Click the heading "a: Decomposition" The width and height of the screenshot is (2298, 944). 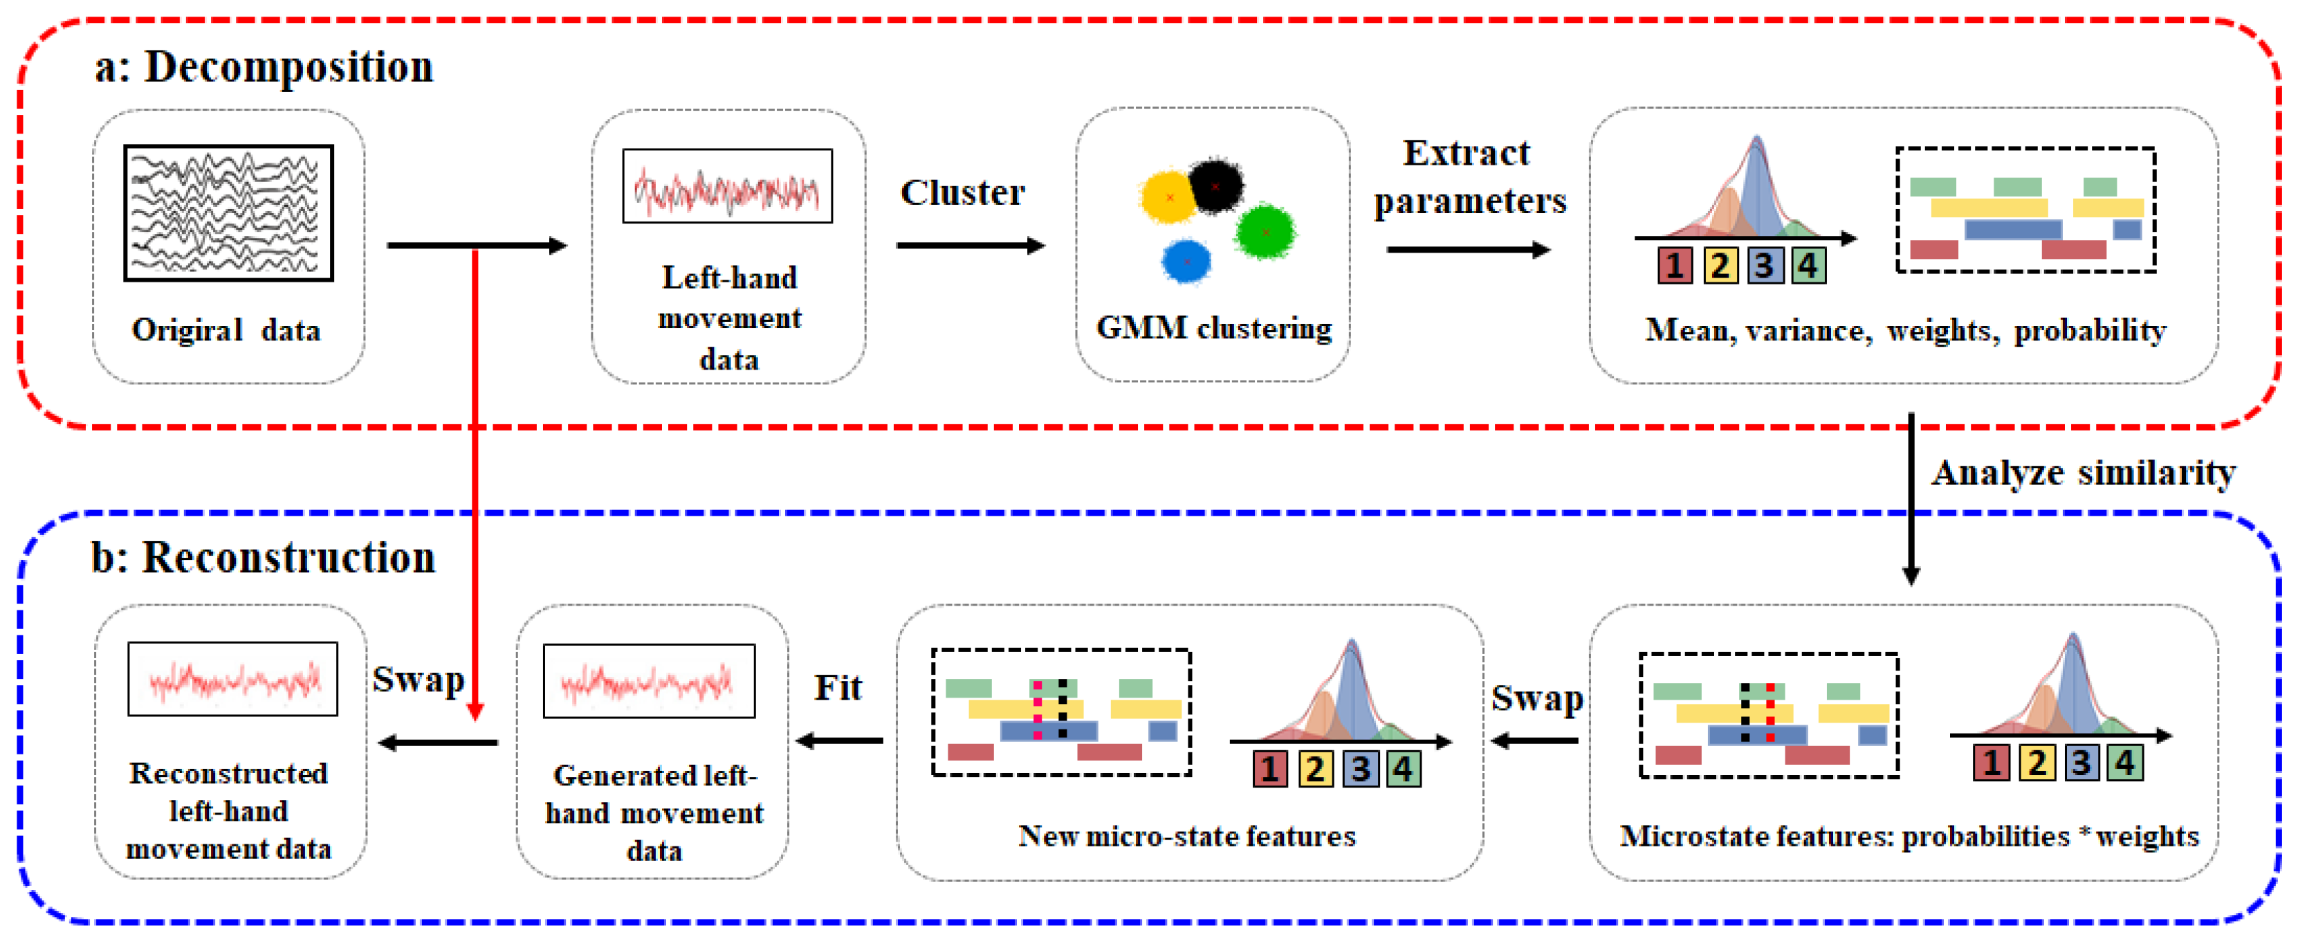tap(264, 68)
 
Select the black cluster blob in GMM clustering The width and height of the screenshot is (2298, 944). tap(1214, 185)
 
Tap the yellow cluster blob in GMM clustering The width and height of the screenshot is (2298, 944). tap(1168, 197)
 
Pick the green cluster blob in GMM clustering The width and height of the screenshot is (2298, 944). tap(1265, 231)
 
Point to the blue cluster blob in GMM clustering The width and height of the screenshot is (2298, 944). tap(1186, 262)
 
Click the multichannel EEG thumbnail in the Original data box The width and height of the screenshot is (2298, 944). tap(228, 213)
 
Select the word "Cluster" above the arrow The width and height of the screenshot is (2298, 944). tap(962, 192)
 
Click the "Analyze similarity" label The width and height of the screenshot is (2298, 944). tap(2083, 473)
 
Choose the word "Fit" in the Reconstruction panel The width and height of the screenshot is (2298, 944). tap(838, 687)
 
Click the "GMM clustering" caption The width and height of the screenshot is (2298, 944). tap(1213, 328)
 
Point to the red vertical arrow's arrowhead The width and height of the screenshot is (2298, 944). tap(475, 711)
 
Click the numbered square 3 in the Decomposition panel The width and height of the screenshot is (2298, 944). tap(1764, 266)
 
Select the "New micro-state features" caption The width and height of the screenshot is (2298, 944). tap(1186, 836)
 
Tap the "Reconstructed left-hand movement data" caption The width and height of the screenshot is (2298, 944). tap(228, 810)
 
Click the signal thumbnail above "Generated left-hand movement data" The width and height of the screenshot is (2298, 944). tap(650, 681)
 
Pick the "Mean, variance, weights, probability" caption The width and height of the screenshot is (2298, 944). tap(1906, 330)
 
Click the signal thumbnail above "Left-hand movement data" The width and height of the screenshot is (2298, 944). tap(727, 186)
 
